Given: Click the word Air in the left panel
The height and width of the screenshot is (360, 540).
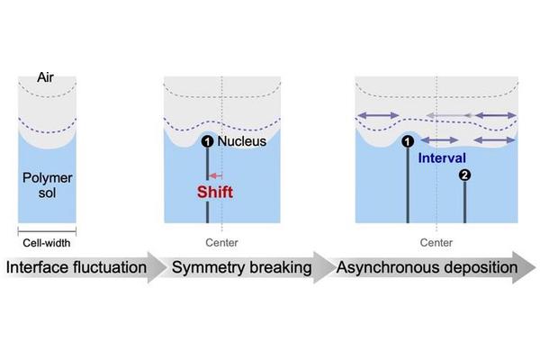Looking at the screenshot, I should coord(46,79).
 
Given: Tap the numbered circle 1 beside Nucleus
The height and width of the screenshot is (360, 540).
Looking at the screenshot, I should coord(208,141).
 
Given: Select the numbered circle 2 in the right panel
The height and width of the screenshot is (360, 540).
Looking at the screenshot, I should coord(464,175).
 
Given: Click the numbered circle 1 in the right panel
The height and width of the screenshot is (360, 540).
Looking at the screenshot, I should coord(408,141).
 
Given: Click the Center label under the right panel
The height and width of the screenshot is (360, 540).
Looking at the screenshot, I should coord(436,242).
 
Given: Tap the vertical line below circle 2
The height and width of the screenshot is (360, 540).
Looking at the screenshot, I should coord(464,202).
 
